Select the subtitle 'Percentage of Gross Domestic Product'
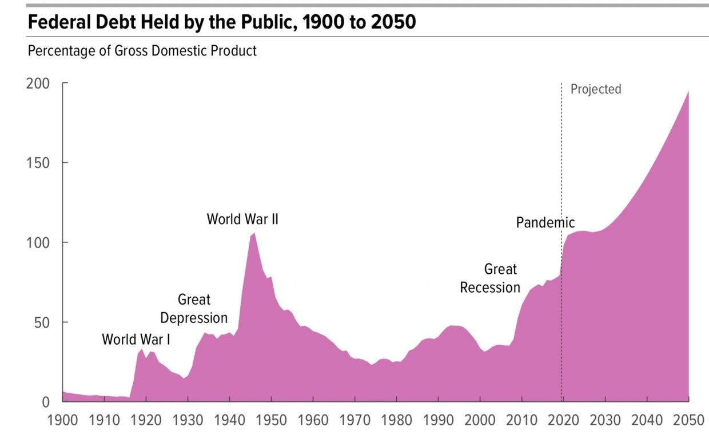point(142,51)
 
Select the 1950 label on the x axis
point(271,420)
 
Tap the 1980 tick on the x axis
point(396,420)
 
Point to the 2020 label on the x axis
point(563,420)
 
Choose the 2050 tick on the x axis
point(688,420)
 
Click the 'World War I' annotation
point(136,339)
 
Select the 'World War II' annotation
point(242,219)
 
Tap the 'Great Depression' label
point(194,309)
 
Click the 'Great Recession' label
point(491,278)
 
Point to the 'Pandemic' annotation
point(545,222)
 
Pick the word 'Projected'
point(596,89)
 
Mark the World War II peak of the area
point(254,233)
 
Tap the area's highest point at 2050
point(688,92)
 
